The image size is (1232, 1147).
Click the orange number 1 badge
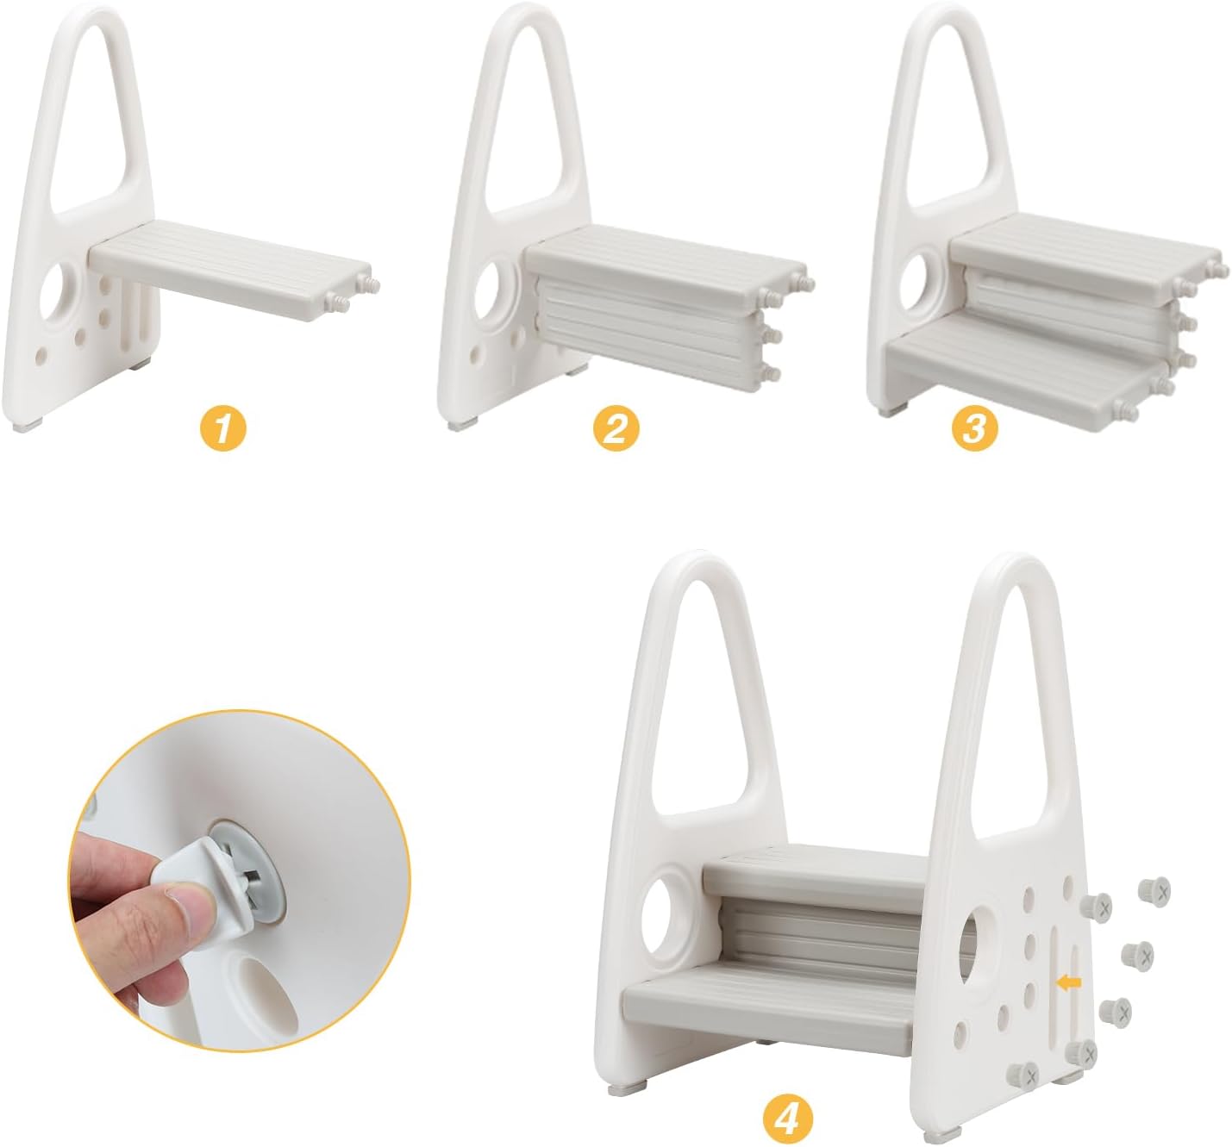pos(223,429)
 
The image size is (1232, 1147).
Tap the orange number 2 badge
pos(616,429)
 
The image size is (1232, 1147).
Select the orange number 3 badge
pos(974,428)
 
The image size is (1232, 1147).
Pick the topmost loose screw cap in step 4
pos(1154,890)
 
